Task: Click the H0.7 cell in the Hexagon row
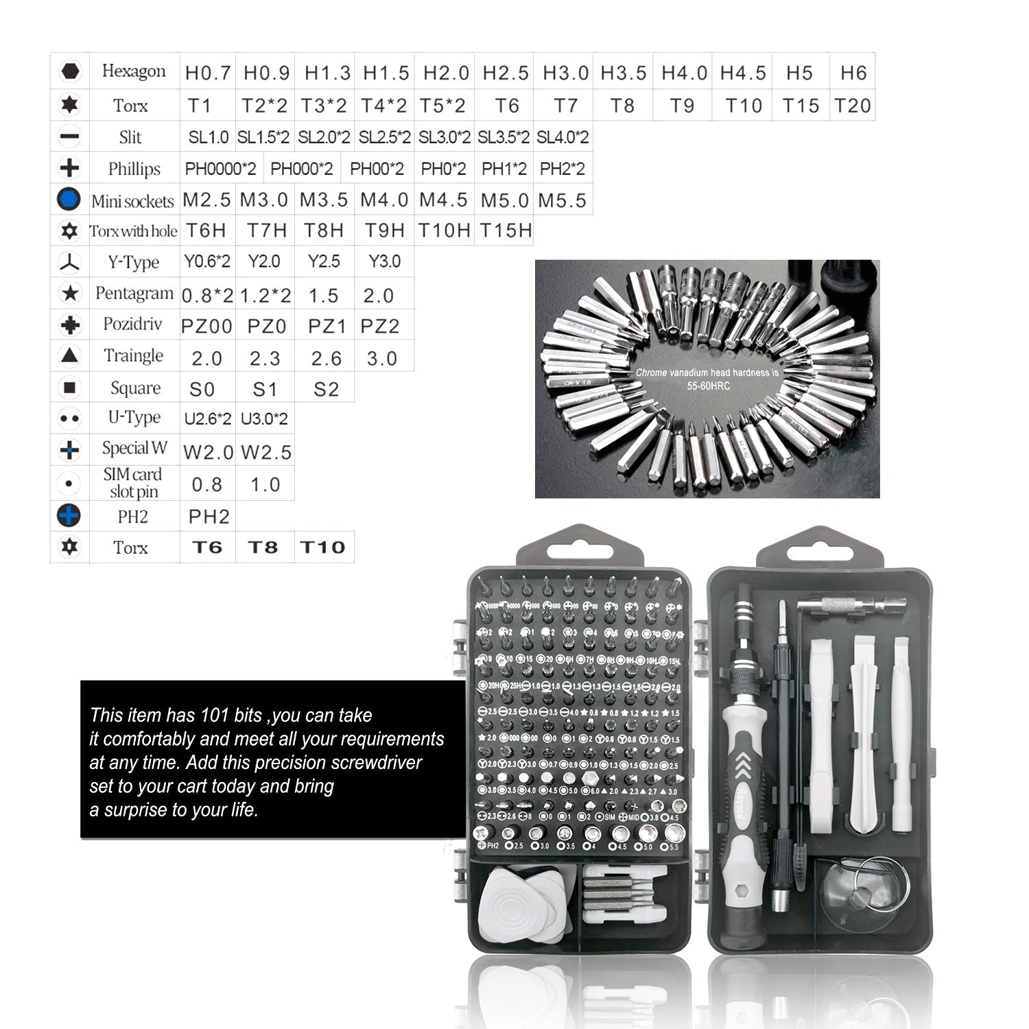208,72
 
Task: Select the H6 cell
853,72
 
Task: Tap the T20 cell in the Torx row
852,106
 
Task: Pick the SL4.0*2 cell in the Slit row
563,137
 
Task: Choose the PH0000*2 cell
220,169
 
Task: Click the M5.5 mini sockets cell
563,200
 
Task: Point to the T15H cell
506,230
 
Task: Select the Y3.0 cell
384,261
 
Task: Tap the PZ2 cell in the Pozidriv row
379,327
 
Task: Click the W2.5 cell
266,452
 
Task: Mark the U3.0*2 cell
264,418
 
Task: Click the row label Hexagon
134,71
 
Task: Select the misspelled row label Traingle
133,355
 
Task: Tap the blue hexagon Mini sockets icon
69,200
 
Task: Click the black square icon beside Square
69,388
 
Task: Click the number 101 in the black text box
215,715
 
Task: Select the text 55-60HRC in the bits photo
709,386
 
